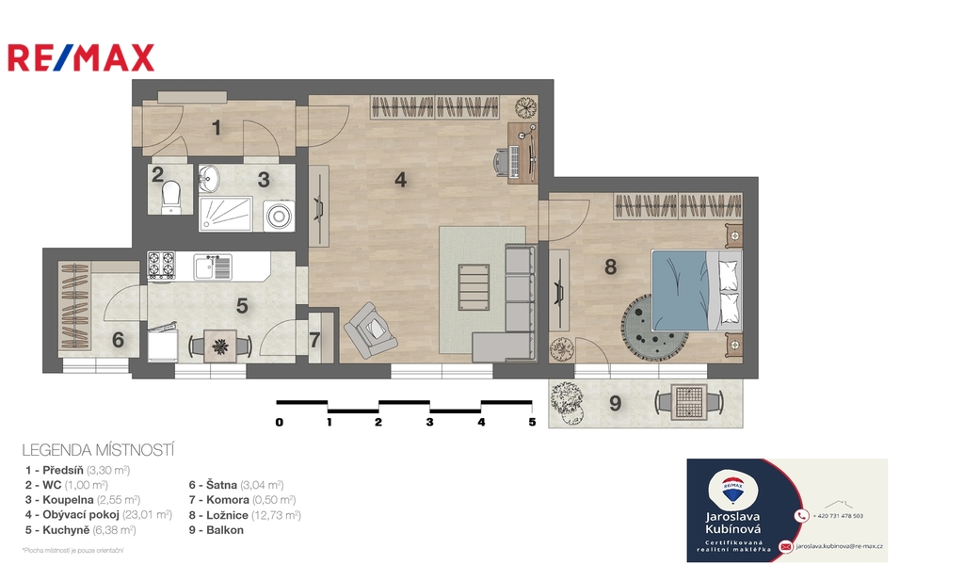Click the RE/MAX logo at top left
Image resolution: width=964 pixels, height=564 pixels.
(81, 57)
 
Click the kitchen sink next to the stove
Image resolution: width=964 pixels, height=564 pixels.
(213, 266)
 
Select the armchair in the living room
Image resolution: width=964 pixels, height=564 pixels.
(371, 329)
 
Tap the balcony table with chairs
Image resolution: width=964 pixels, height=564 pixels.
(689, 402)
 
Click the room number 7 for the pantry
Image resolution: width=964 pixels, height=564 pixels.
(315, 340)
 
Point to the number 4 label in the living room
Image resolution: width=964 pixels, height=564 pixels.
(401, 179)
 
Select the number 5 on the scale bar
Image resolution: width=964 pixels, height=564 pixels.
(532, 422)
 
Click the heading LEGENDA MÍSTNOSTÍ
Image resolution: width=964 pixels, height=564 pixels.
(98, 451)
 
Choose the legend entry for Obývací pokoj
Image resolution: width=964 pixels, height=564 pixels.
(99, 515)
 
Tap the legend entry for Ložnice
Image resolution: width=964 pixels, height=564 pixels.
(245, 515)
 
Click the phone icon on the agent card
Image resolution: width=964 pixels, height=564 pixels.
(801, 516)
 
